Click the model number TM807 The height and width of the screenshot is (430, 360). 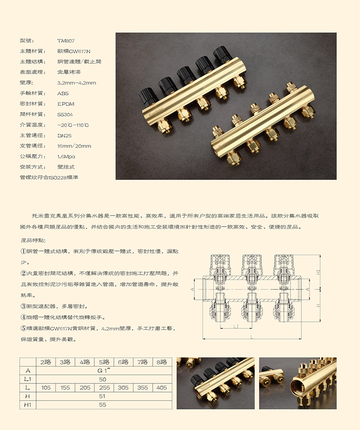coord(66,40)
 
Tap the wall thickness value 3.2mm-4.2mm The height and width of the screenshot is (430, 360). coord(76,83)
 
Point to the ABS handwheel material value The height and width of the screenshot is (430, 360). coord(63,93)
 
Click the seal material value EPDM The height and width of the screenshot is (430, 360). coord(66,104)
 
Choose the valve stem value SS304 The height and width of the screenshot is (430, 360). coord(65,114)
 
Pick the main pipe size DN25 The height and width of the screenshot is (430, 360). coord(65,136)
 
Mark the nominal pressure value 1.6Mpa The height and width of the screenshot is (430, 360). coord(66,157)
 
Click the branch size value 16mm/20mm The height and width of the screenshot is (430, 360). coord(74,146)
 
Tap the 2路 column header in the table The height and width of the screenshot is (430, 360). coord(46,362)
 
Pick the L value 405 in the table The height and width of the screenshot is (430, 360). coord(162,388)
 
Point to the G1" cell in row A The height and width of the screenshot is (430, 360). coord(104,371)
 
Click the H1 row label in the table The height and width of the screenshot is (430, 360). coord(27,404)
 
